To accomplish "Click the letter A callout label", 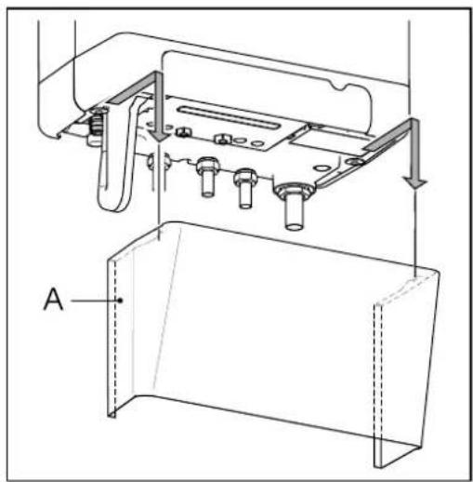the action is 54,299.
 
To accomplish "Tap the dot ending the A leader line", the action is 121,301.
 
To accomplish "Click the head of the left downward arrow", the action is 159,135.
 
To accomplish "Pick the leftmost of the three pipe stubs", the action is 207,177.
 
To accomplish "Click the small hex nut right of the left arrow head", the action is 182,132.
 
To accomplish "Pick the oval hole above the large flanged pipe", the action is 322,168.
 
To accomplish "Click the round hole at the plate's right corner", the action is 355,161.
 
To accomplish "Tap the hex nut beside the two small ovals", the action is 222,139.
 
